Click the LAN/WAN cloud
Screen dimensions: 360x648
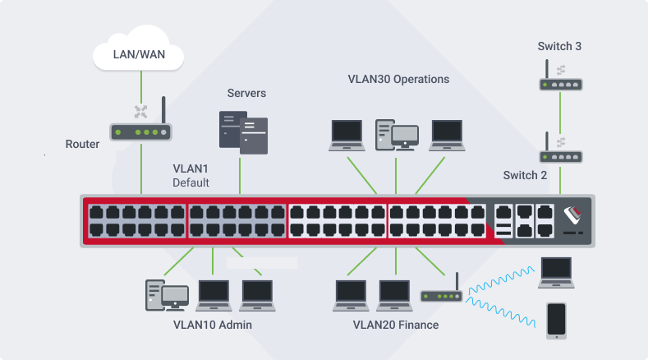click(136, 55)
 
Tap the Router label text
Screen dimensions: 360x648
click(82, 145)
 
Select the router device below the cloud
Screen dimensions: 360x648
click(140, 129)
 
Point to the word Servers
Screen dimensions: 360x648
click(246, 94)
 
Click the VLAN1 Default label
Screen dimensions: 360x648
click(191, 175)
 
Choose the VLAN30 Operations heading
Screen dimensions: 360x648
click(398, 80)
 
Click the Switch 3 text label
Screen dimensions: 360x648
click(560, 46)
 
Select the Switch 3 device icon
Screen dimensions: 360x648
click(560, 83)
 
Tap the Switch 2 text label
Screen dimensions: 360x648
click(525, 176)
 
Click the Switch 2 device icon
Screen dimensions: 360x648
click(560, 155)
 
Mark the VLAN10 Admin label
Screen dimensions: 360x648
click(212, 325)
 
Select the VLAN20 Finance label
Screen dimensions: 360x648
click(396, 325)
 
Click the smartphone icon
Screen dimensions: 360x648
click(557, 321)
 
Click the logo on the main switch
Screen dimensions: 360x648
click(575, 216)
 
